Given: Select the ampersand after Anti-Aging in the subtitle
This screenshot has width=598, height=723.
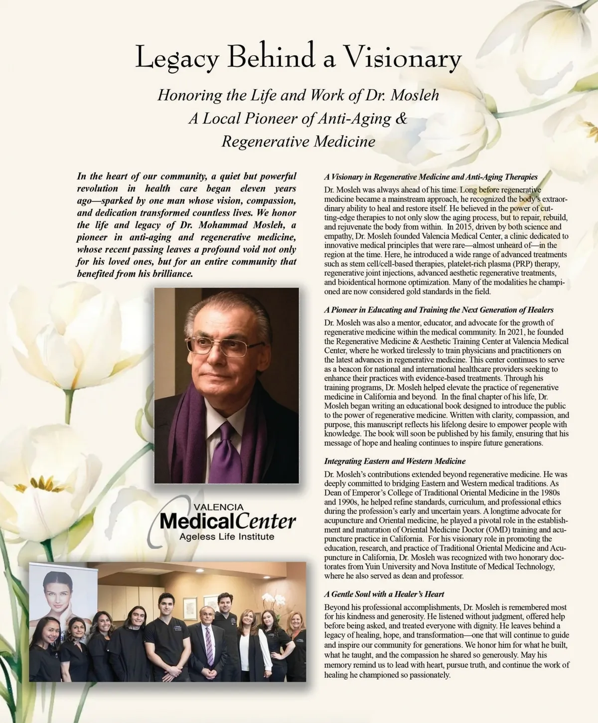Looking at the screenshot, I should coord(401,119).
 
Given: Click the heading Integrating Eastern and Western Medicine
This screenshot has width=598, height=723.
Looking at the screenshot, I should coord(395,461).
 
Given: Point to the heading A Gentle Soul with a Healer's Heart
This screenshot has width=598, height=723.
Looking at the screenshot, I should coord(384,594).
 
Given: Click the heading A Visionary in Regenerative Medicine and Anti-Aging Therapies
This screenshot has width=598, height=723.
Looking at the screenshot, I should coord(431,177).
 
